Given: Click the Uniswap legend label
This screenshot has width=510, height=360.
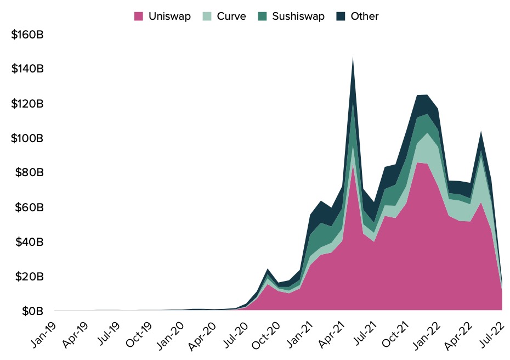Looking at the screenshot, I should point(169,16).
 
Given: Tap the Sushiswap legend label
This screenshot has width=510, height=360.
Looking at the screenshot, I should point(298,16).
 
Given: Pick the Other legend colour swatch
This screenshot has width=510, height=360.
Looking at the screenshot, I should point(342,16).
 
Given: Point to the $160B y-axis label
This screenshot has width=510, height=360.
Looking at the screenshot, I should point(27,35).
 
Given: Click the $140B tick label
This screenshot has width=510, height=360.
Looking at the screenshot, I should point(27,69).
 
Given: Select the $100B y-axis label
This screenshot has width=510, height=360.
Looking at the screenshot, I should point(27,138).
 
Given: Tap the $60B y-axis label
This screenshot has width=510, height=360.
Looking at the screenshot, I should point(27,207).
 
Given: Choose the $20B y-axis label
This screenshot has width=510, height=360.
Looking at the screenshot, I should point(27,277).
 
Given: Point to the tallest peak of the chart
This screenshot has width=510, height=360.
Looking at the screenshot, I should point(353,58).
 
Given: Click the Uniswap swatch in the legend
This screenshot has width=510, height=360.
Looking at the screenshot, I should point(139,16).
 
